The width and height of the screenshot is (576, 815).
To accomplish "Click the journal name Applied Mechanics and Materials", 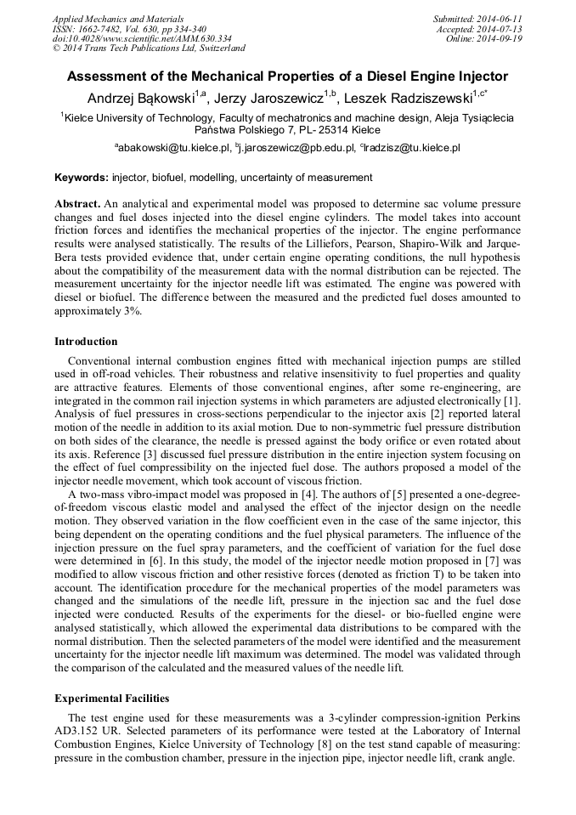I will [118, 18].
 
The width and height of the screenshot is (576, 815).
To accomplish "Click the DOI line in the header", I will [142, 38].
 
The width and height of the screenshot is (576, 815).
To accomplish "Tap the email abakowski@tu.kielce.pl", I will [174, 148].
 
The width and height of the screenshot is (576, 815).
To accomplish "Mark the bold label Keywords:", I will [82, 178].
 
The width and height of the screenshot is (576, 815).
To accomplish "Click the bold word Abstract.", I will [77, 205].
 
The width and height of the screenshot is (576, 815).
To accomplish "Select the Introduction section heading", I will [86, 342].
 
